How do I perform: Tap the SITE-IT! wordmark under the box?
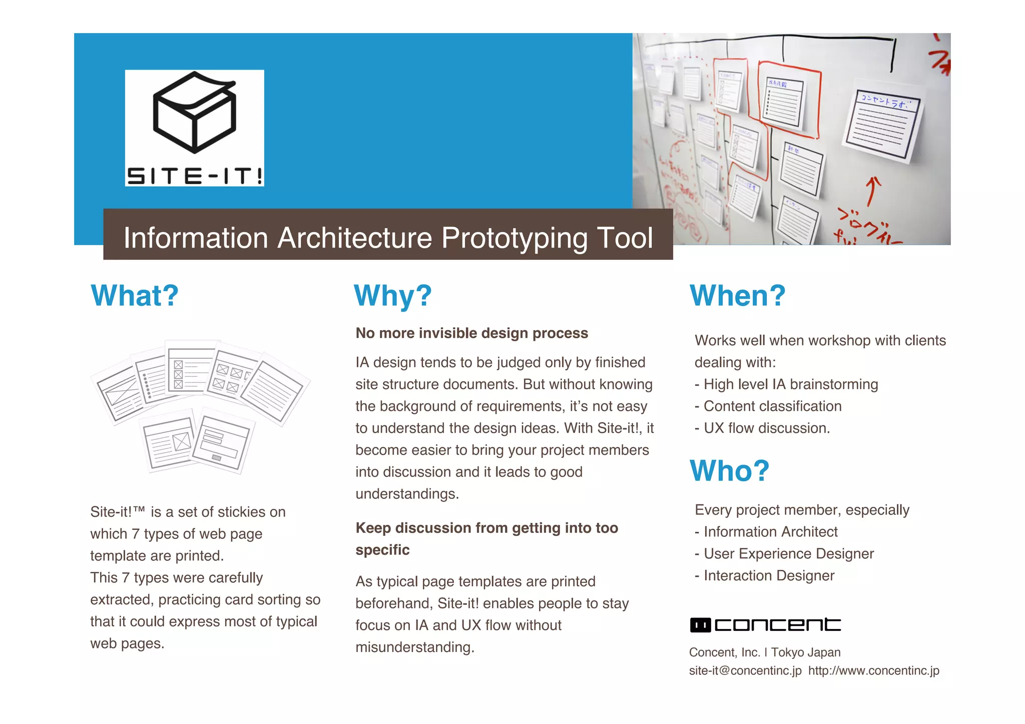coord(195,176)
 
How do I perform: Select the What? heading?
coord(135,295)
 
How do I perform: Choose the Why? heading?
coord(393,295)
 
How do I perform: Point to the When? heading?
coord(738,295)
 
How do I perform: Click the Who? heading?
coord(730,471)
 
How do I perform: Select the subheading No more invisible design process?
coord(471,333)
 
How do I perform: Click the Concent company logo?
coord(765,625)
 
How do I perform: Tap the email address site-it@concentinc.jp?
coord(745,670)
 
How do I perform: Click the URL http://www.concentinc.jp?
coord(874,670)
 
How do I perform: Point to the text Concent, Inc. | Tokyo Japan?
coord(765,652)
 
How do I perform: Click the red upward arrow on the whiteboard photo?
coord(873,191)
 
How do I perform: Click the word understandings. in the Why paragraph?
coord(407,494)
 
